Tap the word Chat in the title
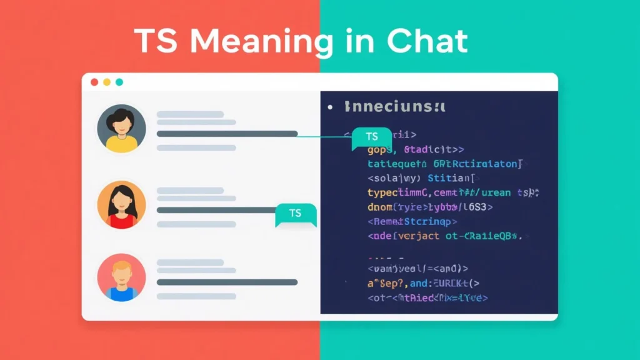(427, 41)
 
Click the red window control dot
(94, 82)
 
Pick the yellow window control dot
(107, 82)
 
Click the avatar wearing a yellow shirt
(122, 129)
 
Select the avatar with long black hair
(122, 205)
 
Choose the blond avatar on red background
(122, 279)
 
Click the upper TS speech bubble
(372, 137)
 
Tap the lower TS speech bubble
(296, 214)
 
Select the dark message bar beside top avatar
(227, 134)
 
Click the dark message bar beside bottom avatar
(227, 282)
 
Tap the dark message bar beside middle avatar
(216, 209)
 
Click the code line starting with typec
(453, 193)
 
